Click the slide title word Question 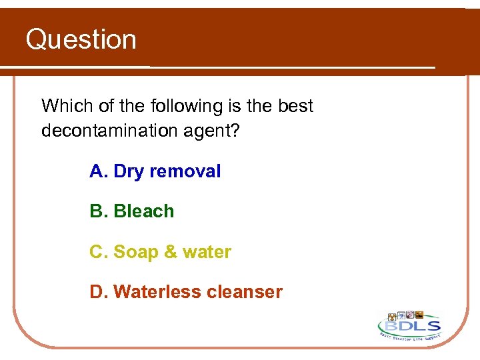[x=81, y=40]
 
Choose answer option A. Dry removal [x=155, y=171]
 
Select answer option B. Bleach [x=131, y=211]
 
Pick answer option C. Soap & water [x=160, y=252]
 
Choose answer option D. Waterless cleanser [x=186, y=292]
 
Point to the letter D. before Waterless [x=99, y=292]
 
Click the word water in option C [x=207, y=252]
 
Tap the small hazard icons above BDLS [x=405, y=314]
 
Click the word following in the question [x=185, y=106]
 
